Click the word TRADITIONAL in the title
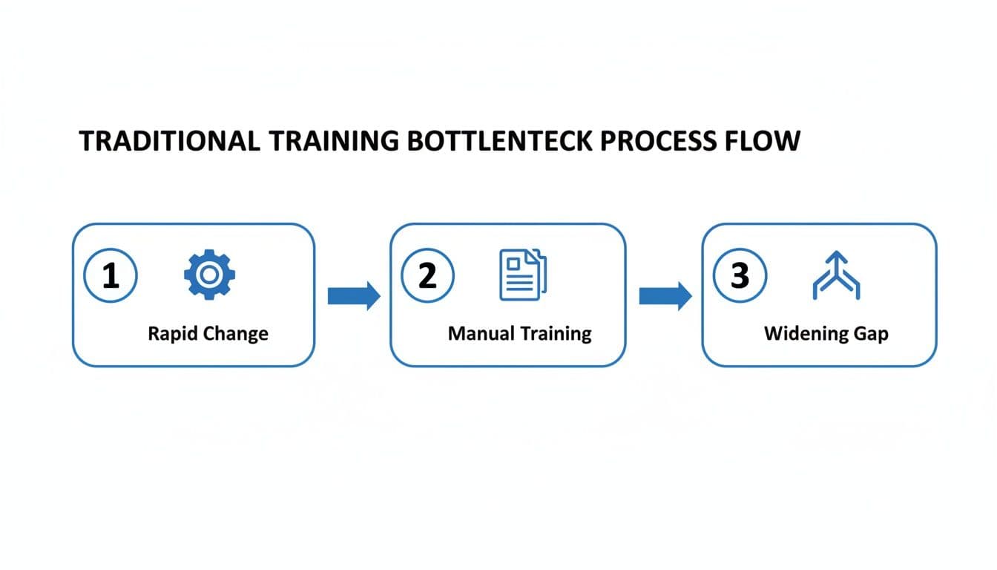(x=169, y=141)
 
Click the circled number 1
(x=111, y=276)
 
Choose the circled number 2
(x=427, y=276)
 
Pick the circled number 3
(x=740, y=276)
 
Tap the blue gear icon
(x=209, y=275)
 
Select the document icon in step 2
(x=522, y=275)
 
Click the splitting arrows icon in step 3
(x=836, y=275)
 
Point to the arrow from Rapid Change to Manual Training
(x=353, y=297)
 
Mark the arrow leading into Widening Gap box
(x=665, y=297)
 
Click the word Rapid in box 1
(x=170, y=333)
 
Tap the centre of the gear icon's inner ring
(x=209, y=275)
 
